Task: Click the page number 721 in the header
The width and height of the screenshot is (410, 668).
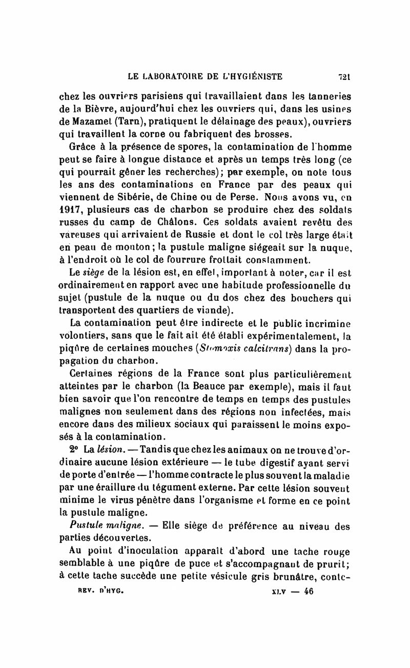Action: click(x=343, y=78)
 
